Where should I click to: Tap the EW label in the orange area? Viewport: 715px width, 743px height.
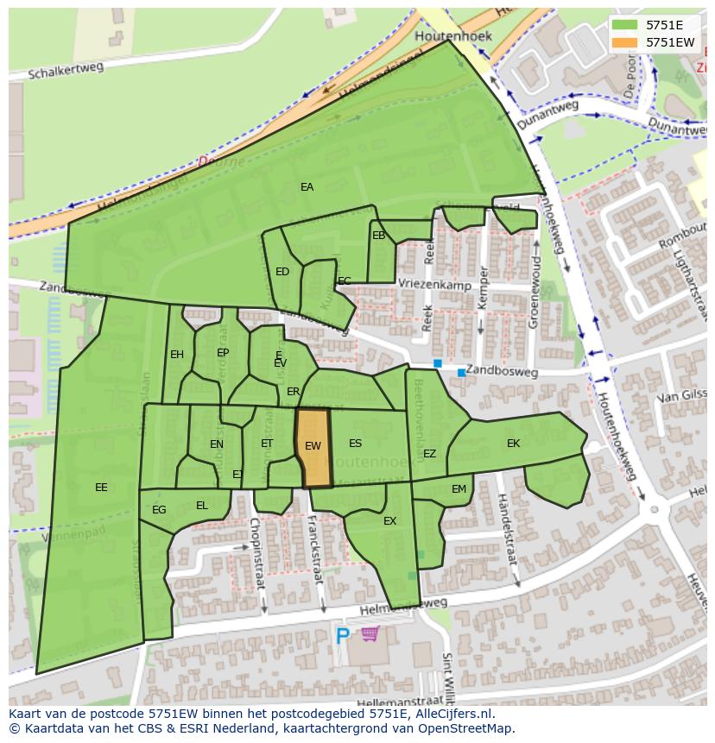click(x=313, y=446)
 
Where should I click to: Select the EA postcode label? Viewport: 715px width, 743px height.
click(x=307, y=186)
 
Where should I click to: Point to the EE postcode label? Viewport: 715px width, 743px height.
click(x=101, y=488)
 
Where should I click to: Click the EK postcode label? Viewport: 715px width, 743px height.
click(x=514, y=444)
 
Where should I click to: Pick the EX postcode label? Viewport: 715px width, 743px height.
click(x=389, y=521)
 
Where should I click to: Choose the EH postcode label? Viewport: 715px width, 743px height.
click(x=177, y=355)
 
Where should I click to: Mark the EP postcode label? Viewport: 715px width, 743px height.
click(x=223, y=353)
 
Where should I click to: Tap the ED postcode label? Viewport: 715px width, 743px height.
click(x=282, y=272)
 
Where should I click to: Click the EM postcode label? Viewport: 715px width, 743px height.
click(x=459, y=489)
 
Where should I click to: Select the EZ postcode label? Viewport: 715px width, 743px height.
click(x=429, y=454)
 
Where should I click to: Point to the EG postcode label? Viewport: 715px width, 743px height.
click(x=159, y=510)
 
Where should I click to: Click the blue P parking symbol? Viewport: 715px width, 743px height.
click(x=343, y=637)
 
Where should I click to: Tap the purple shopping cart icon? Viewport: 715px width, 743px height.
click(x=370, y=635)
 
